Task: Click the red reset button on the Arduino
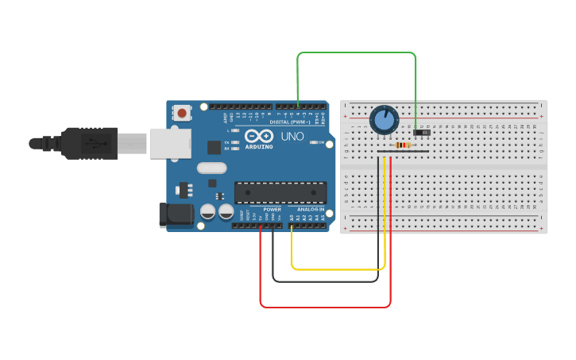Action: (x=182, y=113)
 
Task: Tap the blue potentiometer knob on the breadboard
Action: (x=384, y=120)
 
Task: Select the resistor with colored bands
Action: (x=403, y=145)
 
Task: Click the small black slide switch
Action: (x=421, y=132)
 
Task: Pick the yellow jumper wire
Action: (x=338, y=269)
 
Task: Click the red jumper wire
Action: (x=325, y=307)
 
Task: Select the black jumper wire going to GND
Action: (x=325, y=281)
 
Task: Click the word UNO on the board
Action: (x=292, y=136)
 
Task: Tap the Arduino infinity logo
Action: (x=259, y=136)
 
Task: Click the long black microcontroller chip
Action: (x=280, y=192)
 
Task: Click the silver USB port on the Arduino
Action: (x=171, y=143)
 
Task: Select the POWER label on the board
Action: (x=272, y=209)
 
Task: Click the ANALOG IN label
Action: (x=311, y=209)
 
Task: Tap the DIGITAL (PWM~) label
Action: (x=291, y=122)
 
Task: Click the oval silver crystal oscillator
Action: (x=212, y=168)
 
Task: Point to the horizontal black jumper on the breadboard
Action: (x=403, y=151)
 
